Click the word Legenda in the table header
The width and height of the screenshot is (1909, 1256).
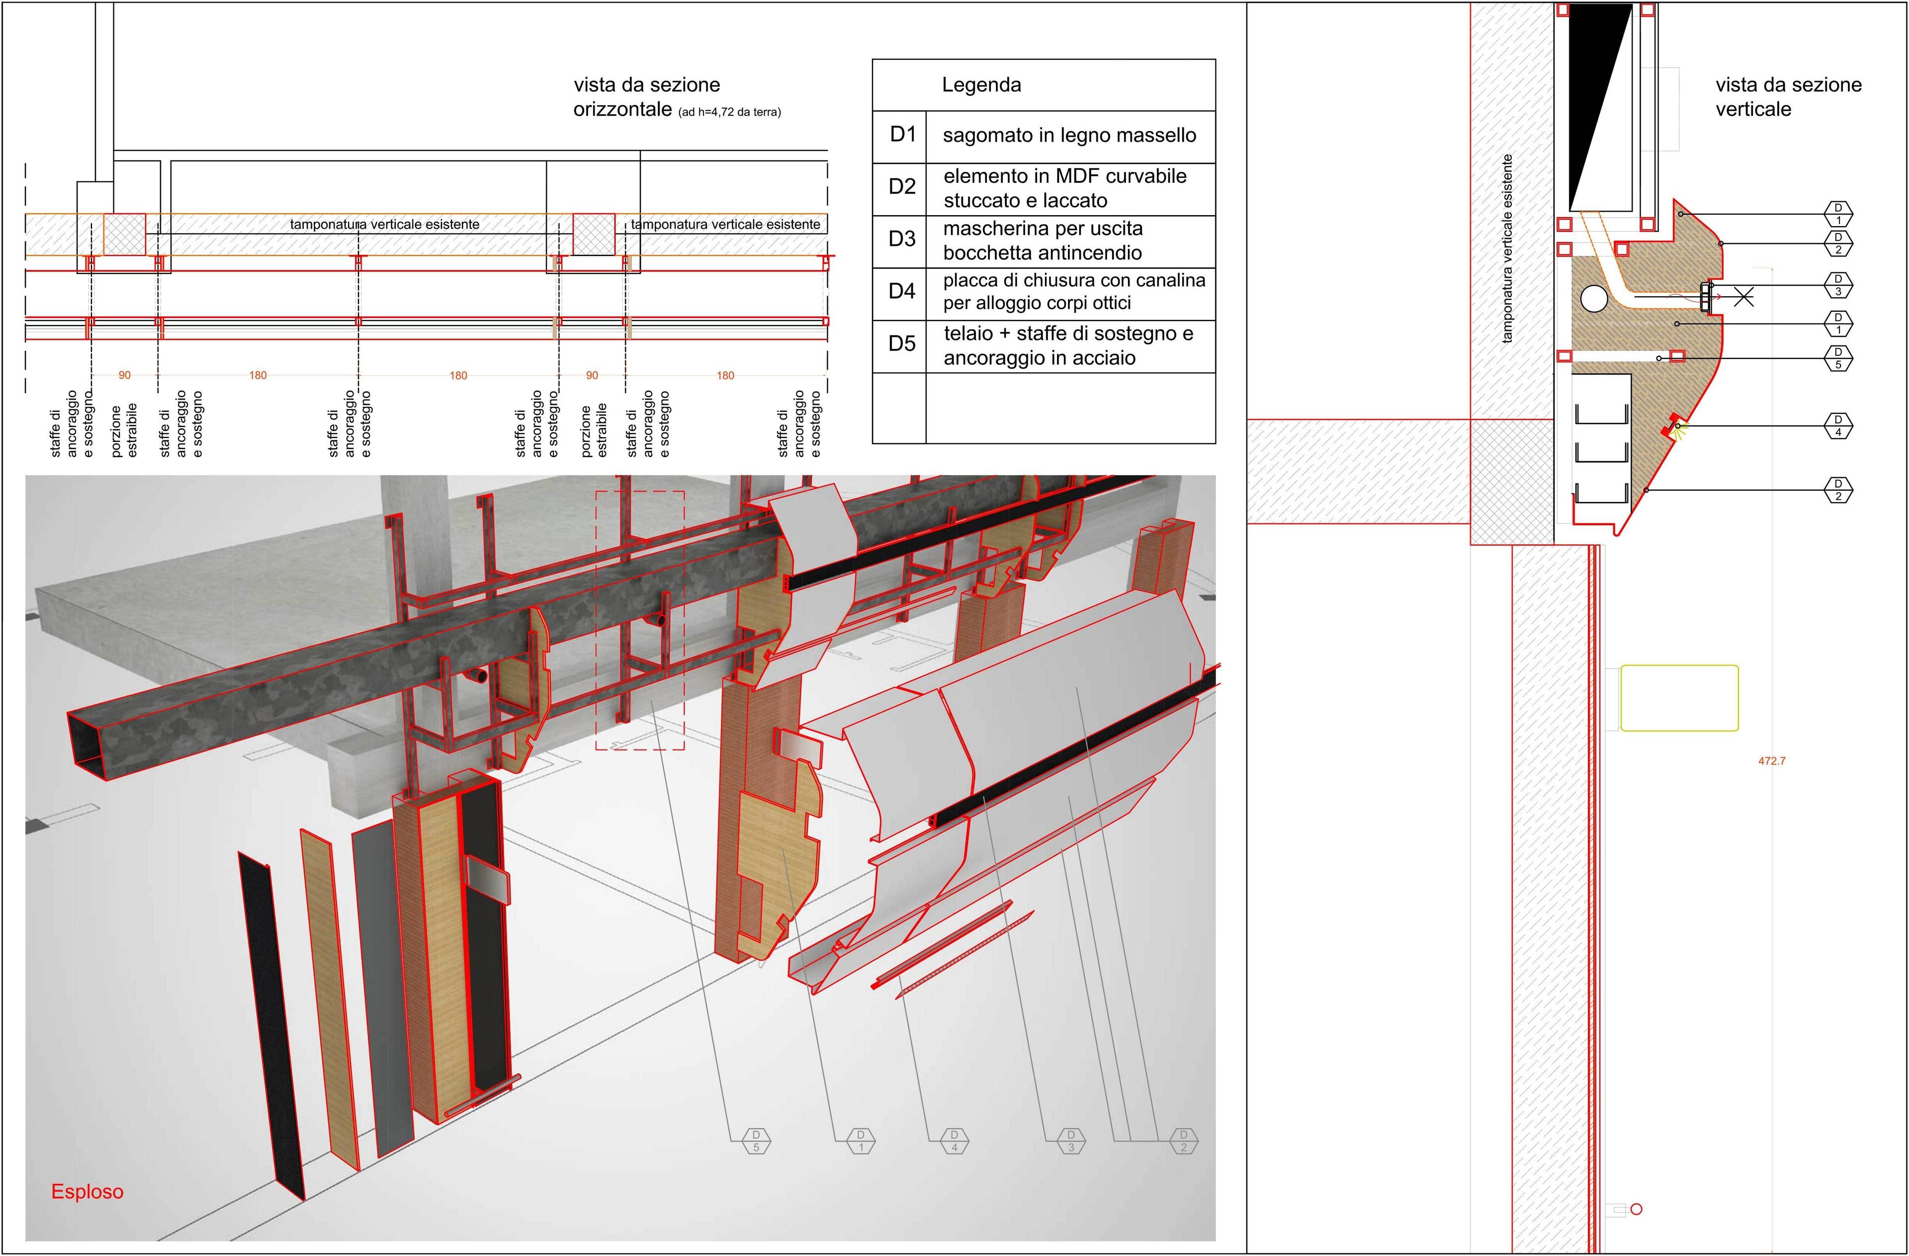click(x=981, y=85)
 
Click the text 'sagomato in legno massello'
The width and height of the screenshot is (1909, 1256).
click(x=1069, y=136)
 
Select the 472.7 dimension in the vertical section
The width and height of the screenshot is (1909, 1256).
click(x=1772, y=760)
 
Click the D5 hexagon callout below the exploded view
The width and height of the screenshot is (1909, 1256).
click(x=756, y=1141)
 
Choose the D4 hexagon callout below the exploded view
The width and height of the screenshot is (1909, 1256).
click(x=954, y=1141)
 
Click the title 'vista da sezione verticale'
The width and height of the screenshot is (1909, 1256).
click(x=1788, y=97)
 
